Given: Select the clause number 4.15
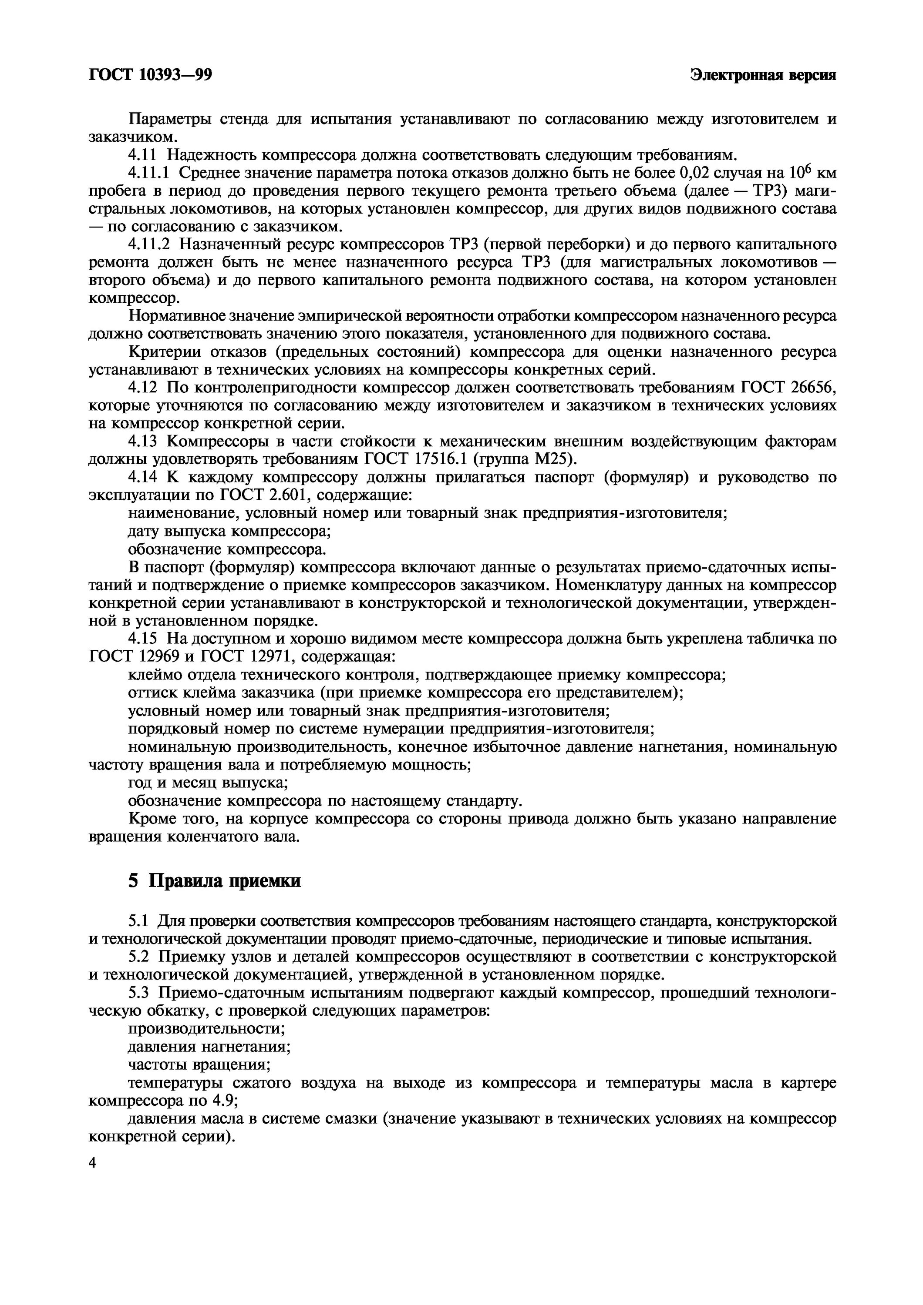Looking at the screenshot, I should (x=142, y=639).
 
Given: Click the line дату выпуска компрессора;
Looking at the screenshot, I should (x=229, y=532).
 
